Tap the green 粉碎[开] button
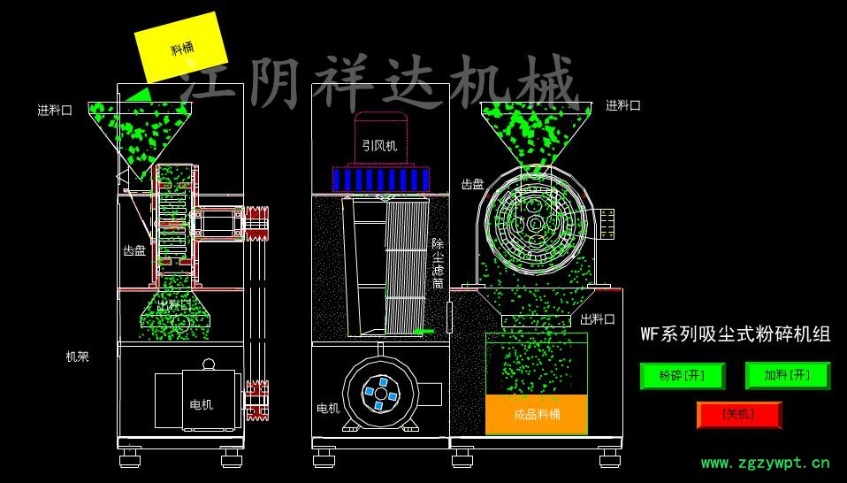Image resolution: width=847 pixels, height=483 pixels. tap(682, 376)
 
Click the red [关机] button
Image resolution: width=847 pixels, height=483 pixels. tap(738, 414)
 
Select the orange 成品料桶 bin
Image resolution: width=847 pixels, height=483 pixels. tap(537, 414)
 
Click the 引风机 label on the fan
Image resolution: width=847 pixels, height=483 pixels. tap(378, 145)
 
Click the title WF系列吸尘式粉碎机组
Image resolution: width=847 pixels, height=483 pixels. tap(735, 333)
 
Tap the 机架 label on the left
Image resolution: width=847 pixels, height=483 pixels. tap(78, 357)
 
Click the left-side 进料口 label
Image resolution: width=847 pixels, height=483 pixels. tap(54, 111)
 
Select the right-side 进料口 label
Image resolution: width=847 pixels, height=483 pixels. tap(623, 105)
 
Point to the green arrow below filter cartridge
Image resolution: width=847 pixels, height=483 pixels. tap(424, 332)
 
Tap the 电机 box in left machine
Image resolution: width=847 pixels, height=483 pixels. tap(197, 403)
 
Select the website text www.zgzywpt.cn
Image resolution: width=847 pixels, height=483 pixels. tap(765, 462)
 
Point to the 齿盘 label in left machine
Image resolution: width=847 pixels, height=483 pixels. tap(134, 251)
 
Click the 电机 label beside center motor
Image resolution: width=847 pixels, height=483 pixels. tap(328, 409)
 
